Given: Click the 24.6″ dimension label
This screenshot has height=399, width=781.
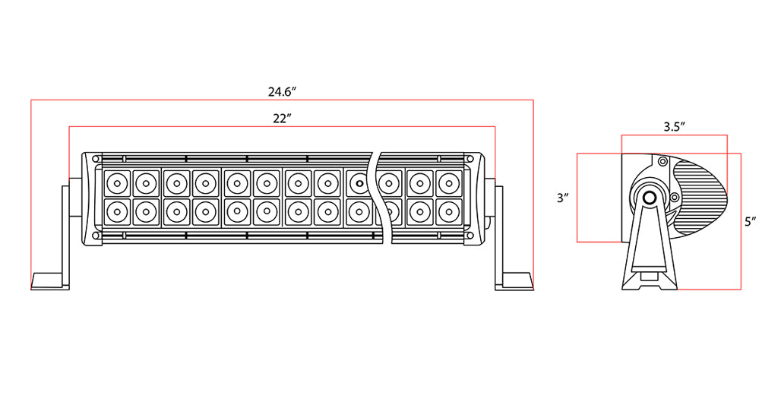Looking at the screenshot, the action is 283,92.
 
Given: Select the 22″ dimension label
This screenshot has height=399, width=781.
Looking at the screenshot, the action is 282,119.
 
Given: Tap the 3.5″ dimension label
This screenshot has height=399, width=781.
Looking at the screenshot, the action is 675,126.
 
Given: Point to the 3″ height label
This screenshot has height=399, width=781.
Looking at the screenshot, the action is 563,198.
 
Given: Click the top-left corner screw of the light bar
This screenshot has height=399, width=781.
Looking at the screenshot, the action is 96,159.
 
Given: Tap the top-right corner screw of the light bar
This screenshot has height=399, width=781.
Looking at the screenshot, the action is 470,159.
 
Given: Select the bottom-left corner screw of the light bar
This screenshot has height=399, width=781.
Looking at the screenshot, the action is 96,235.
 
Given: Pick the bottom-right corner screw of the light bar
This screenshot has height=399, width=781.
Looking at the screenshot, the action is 470,235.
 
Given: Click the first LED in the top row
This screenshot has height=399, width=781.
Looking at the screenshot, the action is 116,183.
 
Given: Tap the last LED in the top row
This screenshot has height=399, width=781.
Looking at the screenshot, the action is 448,183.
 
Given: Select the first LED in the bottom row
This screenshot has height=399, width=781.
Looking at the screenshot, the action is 116,212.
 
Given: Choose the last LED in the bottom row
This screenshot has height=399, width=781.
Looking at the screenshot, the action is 448,212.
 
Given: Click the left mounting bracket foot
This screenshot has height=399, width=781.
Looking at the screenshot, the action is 50,280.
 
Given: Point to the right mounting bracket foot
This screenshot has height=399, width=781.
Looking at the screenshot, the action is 514,280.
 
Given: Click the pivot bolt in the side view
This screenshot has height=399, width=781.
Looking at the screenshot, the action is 650,198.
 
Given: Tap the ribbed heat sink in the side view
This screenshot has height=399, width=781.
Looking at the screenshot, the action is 700,197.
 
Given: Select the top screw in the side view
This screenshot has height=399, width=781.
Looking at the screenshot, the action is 662,161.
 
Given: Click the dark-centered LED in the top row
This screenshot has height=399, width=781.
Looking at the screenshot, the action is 359,183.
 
